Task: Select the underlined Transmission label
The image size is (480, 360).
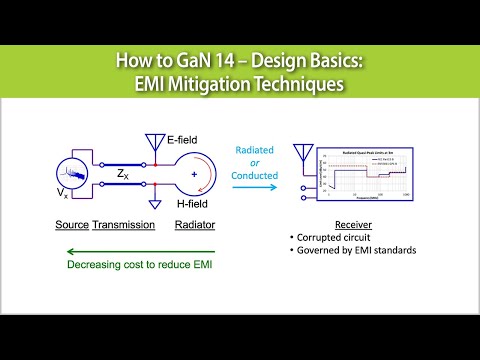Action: click(123, 225)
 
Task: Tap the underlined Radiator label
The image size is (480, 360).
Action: click(195, 225)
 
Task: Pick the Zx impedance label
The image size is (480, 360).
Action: click(121, 172)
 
